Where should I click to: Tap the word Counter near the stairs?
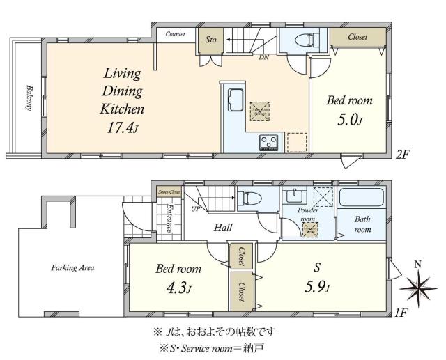(x=176, y=33)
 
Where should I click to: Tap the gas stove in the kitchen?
(x=268, y=143)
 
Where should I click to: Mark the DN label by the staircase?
(x=264, y=57)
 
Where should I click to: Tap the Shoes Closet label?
(x=169, y=190)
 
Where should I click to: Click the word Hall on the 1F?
(x=223, y=228)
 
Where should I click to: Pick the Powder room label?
(x=308, y=212)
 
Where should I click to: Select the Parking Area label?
(x=72, y=267)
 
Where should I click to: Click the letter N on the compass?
(x=417, y=265)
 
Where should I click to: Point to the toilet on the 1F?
(x=249, y=198)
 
